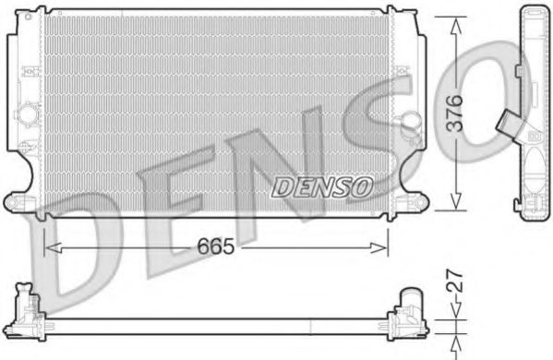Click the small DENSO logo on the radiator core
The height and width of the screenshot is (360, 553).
click(x=322, y=186)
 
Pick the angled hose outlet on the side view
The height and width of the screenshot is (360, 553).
click(x=507, y=123)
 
